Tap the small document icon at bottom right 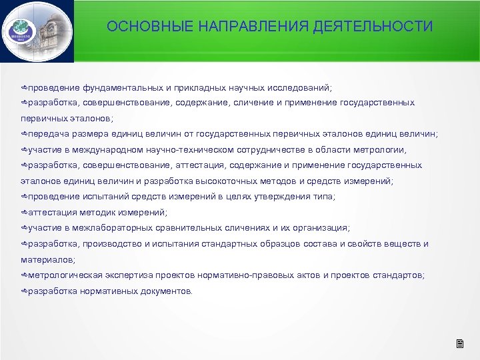[x=459, y=344]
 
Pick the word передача [x=44, y=133]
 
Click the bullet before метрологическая [x=23, y=275]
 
